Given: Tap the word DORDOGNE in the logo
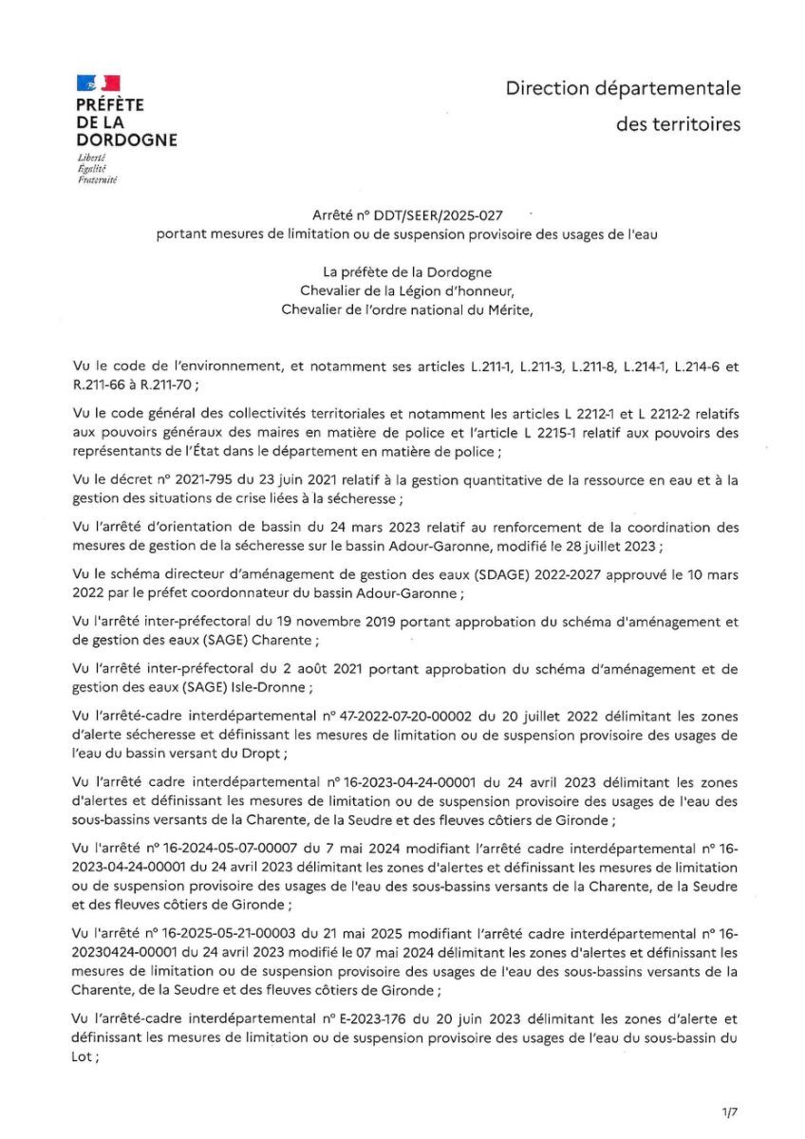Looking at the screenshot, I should (126, 140).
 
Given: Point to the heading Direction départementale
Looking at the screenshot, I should (623, 88).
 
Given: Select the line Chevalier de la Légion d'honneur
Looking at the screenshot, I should (407, 290).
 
